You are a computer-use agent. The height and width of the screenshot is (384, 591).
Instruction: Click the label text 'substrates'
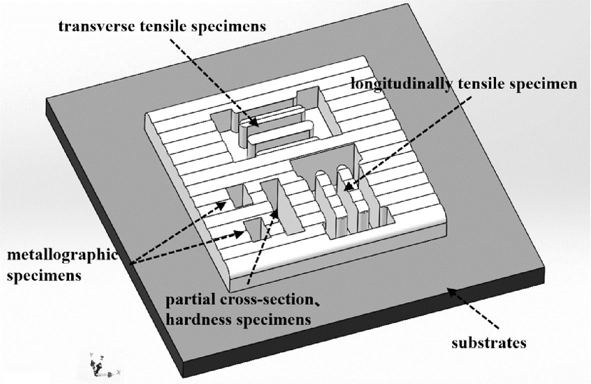pyautogui.click(x=489, y=343)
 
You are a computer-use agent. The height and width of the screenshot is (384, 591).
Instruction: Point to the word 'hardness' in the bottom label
pyautogui.click(x=192, y=319)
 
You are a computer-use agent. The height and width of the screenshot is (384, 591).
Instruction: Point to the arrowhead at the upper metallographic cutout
pyautogui.click(x=221, y=205)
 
